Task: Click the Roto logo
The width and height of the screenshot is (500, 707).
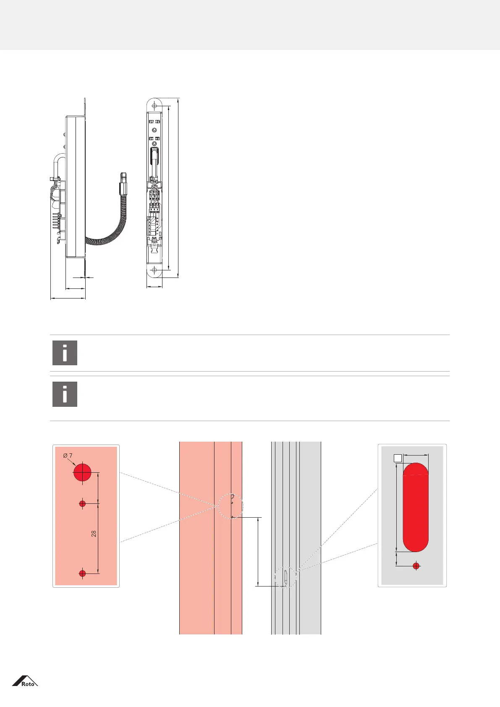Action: click(x=25, y=681)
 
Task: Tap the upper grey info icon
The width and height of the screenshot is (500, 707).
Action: click(x=65, y=353)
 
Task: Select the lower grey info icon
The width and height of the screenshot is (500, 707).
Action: click(x=65, y=394)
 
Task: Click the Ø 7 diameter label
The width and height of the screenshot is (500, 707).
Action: click(x=68, y=456)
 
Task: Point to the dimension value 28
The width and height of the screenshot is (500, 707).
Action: click(x=94, y=534)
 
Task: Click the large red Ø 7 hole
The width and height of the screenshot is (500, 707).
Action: click(x=82, y=472)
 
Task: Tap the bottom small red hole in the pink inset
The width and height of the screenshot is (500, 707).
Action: click(x=82, y=573)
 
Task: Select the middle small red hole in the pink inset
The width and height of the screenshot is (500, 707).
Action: click(x=82, y=504)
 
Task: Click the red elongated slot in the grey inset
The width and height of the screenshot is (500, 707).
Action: click(x=415, y=507)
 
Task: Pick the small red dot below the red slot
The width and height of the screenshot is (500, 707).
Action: click(x=416, y=566)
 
